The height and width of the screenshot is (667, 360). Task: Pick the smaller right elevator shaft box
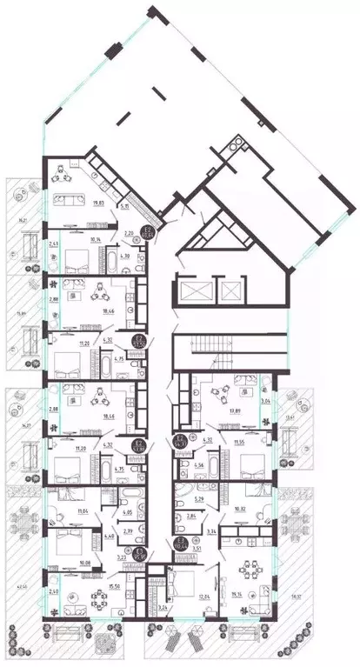pyautogui.click(x=230, y=290)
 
